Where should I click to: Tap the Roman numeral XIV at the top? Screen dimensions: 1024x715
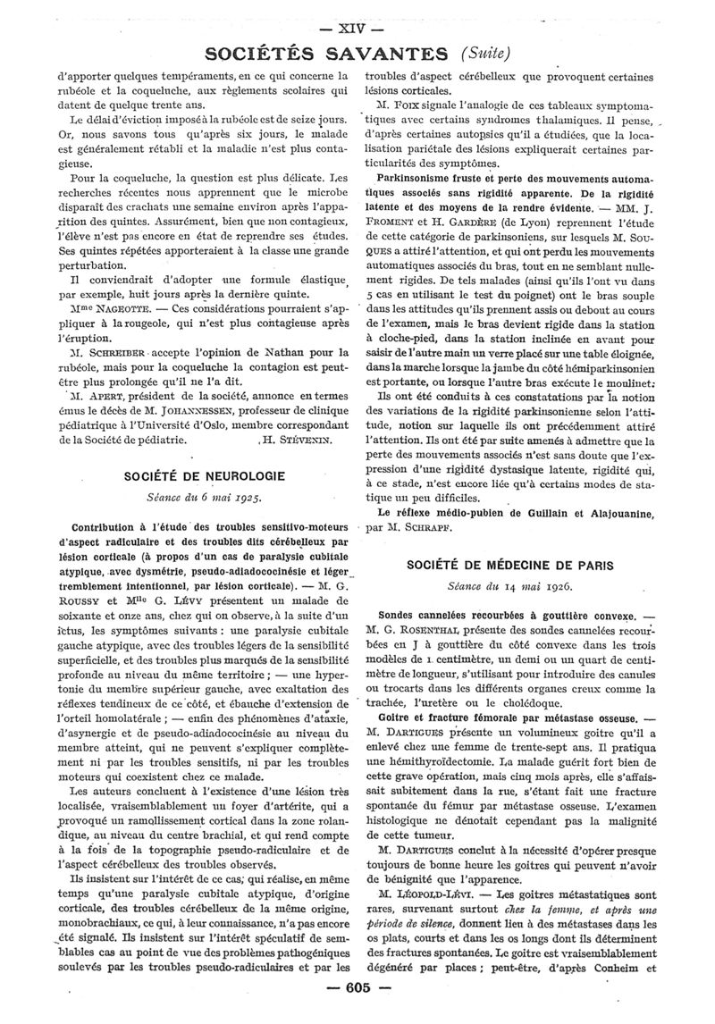click(357, 29)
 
